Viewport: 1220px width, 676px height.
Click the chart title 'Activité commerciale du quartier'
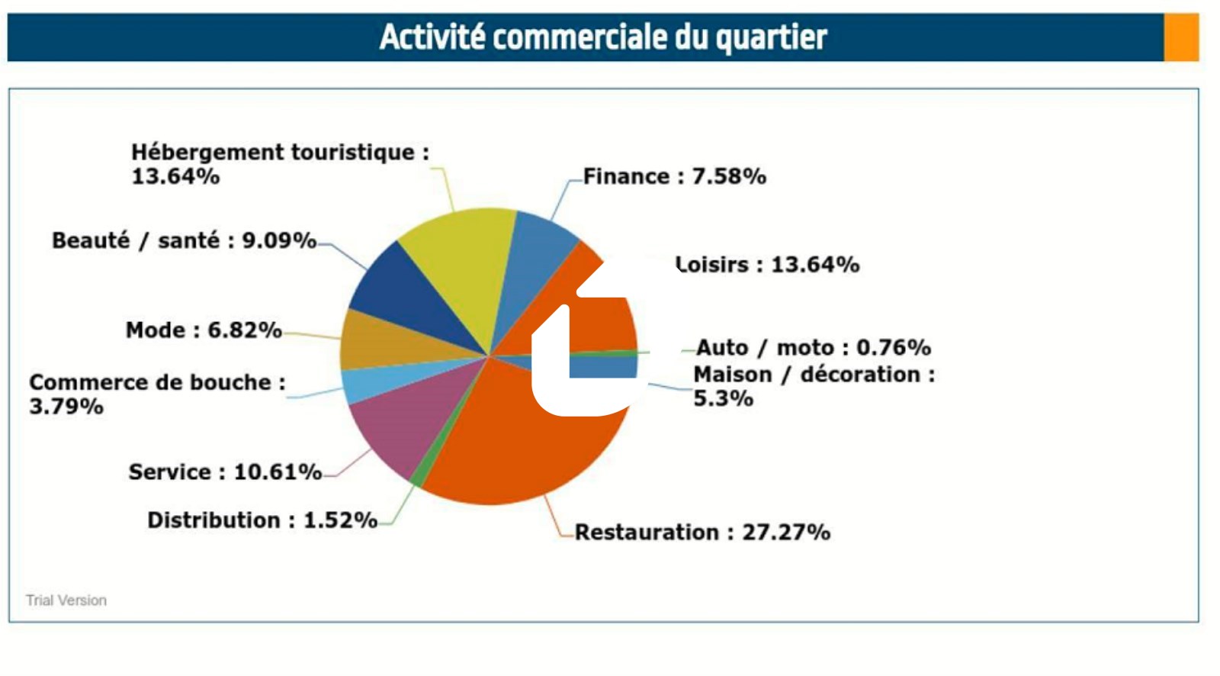[x=603, y=37]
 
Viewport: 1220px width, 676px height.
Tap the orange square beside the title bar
[x=1181, y=37]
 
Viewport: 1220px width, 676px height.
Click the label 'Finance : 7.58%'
[x=674, y=176]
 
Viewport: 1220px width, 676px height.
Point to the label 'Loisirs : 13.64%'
[x=768, y=265]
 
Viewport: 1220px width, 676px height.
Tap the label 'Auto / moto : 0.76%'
[x=813, y=348]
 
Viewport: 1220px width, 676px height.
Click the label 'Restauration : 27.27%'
[x=702, y=532]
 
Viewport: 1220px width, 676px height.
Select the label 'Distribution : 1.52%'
[x=262, y=520]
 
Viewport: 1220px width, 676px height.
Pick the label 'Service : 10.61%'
[x=225, y=472]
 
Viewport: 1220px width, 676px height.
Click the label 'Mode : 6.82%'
[x=204, y=330]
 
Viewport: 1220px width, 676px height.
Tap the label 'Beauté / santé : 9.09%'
[x=184, y=240]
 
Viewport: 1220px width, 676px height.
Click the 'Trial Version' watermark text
[x=66, y=600]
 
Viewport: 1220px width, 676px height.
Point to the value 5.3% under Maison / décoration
[x=723, y=398]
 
